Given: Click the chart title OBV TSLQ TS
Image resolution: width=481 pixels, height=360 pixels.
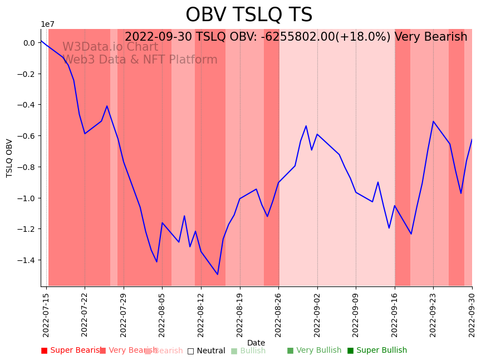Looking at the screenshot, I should pos(249,15).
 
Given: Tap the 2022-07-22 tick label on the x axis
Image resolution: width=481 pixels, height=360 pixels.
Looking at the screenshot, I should pos(85,314).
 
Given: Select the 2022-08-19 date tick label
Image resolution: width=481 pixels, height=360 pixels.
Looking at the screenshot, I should pos(240,314).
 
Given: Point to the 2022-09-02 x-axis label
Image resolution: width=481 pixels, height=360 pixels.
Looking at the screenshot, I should pos(317,314).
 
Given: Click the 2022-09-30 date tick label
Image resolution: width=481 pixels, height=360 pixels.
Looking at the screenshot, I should pos(472,314).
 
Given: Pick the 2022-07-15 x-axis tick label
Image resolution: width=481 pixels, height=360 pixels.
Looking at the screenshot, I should pos(46,314).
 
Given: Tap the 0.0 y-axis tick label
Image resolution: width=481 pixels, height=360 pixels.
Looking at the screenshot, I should pos(29,43).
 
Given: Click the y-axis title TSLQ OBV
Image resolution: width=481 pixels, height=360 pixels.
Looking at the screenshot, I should pos(9,158).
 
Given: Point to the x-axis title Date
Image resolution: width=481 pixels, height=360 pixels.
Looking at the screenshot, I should pos(256,343).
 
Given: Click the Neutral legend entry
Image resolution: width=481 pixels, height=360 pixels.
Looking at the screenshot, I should pos(206,351).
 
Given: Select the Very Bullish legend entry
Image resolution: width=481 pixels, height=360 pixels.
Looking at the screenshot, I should pos(314,351).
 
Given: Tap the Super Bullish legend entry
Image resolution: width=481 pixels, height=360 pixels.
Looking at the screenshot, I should pos(377,351).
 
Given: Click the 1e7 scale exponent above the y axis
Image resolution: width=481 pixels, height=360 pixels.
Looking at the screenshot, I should pos(47,24).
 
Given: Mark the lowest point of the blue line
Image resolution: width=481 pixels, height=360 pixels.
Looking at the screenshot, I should pos(218,274).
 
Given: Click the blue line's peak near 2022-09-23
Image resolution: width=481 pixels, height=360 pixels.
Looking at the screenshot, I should pos(433,121).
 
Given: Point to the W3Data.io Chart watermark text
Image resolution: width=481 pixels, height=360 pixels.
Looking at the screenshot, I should pos(110,47).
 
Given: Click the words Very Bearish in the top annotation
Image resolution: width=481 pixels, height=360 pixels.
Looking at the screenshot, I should pos(431,37).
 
